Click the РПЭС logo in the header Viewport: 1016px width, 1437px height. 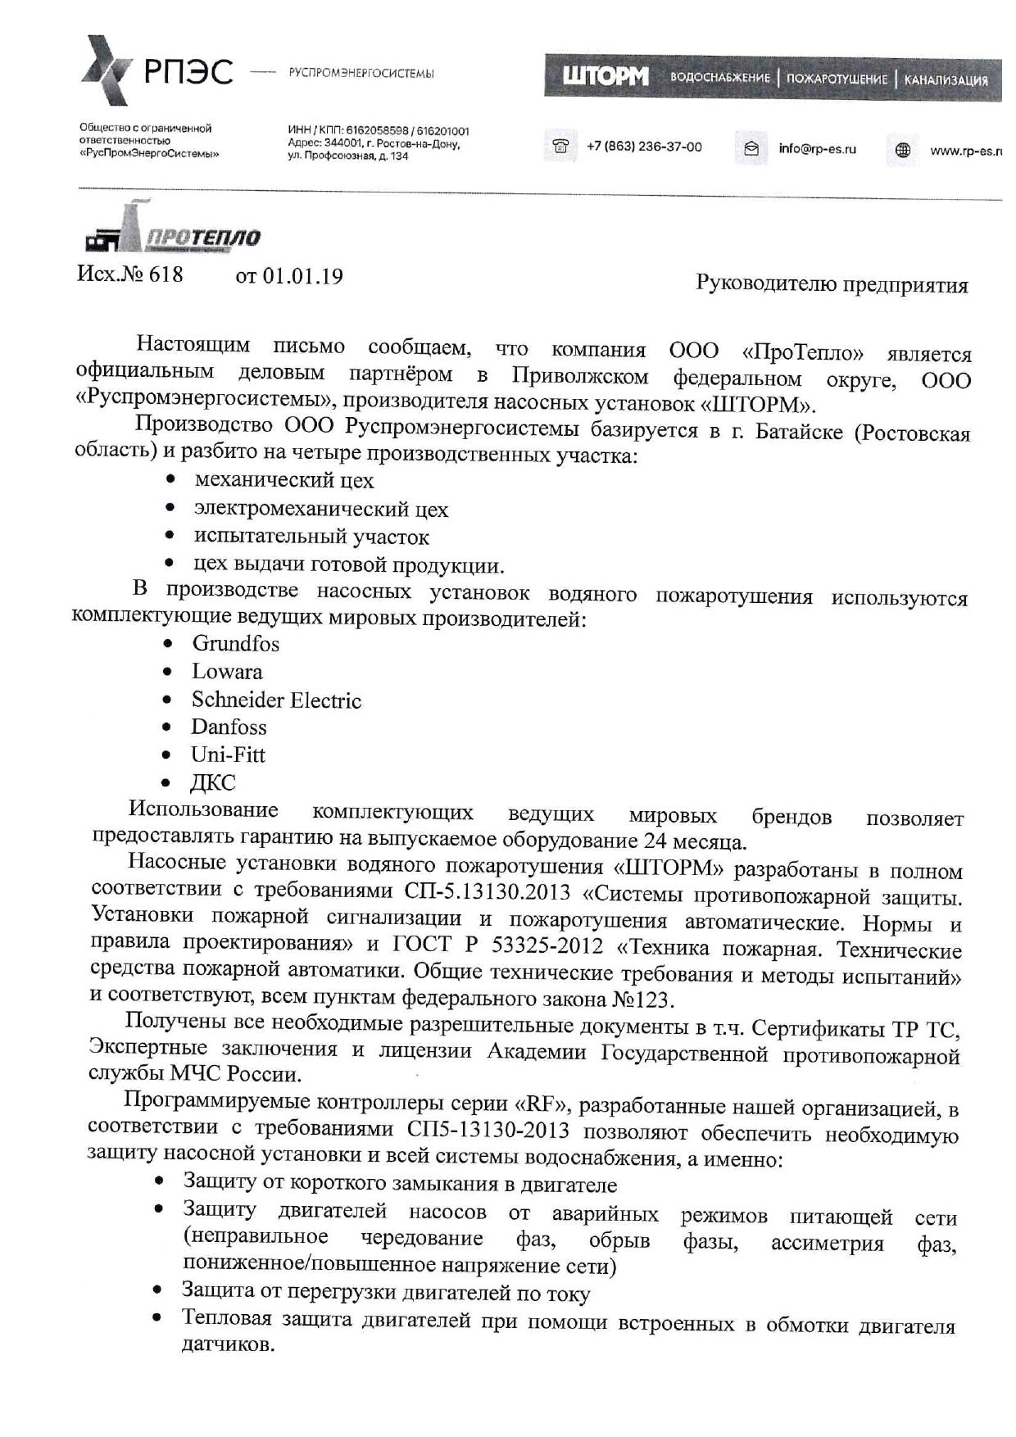pyautogui.click(x=156, y=71)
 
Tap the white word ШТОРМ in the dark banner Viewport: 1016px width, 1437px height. pyautogui.click(x=605, y=78)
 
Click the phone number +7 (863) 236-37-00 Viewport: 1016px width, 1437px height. pyautogui.click(x=644, y=147)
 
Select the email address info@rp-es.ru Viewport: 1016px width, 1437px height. pyautogui.click(x=817, y=148)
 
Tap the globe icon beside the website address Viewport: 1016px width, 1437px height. pyautogui.click(x=903, y=150)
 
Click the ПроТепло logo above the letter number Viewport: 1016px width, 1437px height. pyautogui.click(x=172, y=233)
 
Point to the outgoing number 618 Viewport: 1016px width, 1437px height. pyautogui.click(x=166, y=274)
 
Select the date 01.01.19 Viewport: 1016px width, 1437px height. pyautogui.click(x=302, y=275)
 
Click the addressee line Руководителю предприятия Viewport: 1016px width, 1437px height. pyautogui.click(x=832, y=284)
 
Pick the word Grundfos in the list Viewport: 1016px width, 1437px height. pyautogui.click(x=235, y=644)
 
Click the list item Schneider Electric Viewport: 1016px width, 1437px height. pyautogui.click(x=276, y=700)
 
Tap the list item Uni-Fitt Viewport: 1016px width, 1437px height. pyautogui.click(x=228, y=755)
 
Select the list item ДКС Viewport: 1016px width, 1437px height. pyautogui.click(x=213, y=782)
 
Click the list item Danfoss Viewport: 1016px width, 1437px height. pyautogui.click(x=229, y=728)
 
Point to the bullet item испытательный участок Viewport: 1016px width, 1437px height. pyautogui.click(x=311, y=537)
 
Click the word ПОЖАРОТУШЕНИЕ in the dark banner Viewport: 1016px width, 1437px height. pyautogui.click(x=837, y=79)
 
